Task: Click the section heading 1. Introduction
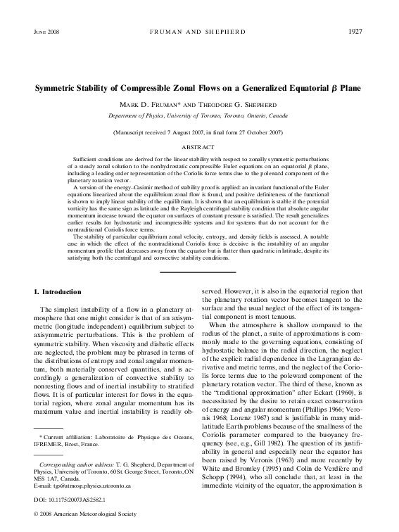[x=58, y=291]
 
